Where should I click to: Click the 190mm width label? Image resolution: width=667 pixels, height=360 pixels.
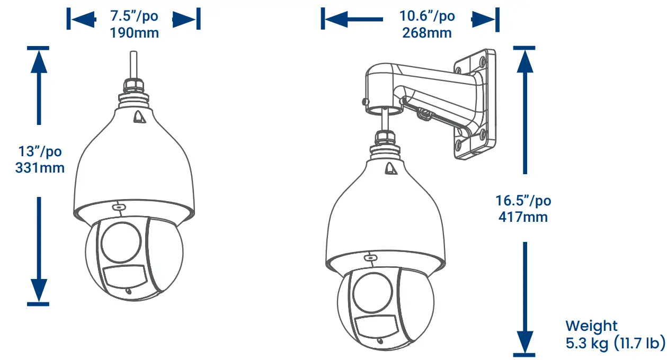pos(134,33)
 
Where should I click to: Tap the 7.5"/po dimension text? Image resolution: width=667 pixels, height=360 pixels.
pos(134,16)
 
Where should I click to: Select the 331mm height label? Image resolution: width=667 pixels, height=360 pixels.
pos(40,168)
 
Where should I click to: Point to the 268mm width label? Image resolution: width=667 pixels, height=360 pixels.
pos(427,33)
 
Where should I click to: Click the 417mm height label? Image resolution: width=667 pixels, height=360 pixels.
pos(523,217)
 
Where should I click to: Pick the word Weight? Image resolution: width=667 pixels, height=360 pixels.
pos(591,326)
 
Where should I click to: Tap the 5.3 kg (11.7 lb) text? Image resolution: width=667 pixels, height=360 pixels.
pos(615,343)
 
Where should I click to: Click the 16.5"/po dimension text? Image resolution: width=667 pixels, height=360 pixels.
pos(523,201)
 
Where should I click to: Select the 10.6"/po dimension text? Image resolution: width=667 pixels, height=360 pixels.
pos(427,16)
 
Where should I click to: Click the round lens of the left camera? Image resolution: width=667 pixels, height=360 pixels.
pos(122,241)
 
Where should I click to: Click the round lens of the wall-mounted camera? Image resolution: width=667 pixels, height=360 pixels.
pos(372,292)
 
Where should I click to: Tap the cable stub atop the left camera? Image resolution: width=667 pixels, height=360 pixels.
pos(133,64)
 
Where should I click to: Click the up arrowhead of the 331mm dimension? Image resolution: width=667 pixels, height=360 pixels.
pos(38,61)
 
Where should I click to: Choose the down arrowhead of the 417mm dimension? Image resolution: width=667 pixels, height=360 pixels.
pos(524,339)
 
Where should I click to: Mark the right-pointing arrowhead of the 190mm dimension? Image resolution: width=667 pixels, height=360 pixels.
pos(184,20)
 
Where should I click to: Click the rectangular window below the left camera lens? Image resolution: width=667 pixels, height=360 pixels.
pos(124,277)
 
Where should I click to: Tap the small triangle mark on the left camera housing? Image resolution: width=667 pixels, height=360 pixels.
pos(139,116)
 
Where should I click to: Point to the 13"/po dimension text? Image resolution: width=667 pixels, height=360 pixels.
pos(40,151)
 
